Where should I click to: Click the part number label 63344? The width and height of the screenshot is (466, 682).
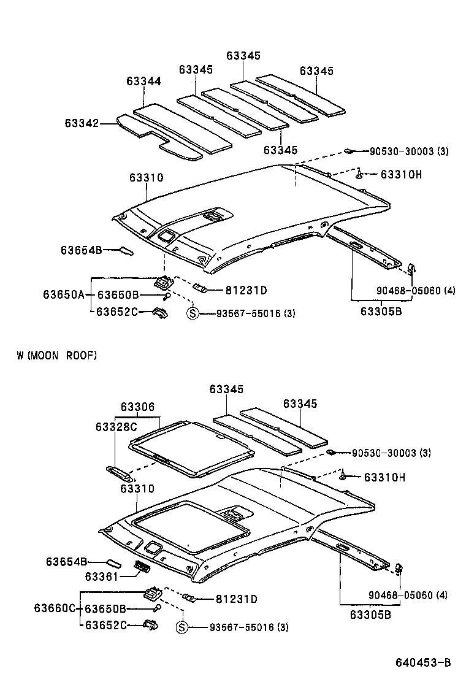(x=144, y=81)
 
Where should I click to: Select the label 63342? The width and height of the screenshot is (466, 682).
(x=82, y=123)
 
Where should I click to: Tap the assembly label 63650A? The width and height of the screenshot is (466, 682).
(x=63, y=295)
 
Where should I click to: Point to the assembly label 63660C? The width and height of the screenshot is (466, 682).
(x=55, y=608)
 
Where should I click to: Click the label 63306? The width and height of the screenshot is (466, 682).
(x=137, y=407)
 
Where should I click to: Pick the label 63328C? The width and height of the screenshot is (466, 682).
(x=116, y=426)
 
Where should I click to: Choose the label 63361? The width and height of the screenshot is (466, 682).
(x=101, y=577)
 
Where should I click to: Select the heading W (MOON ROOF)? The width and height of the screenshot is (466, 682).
(x=57, y=355)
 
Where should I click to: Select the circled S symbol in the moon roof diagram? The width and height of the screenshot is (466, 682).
(x=181, y=627)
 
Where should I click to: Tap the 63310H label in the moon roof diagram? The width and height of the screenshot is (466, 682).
(x=385, y=477)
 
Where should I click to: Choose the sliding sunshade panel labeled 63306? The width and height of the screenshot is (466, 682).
(x=193, y=448)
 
